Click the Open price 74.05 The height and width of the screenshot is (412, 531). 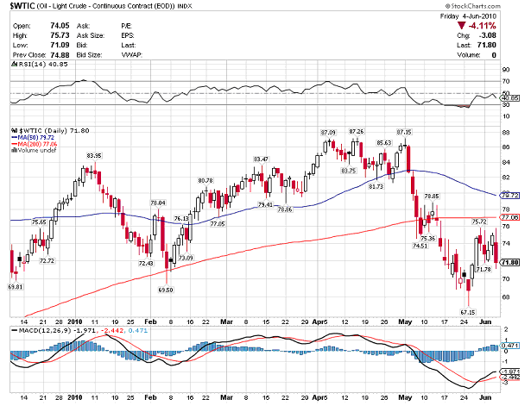58,26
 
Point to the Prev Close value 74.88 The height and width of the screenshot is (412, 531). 58,54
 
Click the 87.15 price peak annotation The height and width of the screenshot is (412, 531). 404,131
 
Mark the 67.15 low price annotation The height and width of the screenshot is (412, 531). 467,311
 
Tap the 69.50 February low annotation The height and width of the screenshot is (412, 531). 166,290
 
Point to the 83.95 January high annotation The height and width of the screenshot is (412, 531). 94,155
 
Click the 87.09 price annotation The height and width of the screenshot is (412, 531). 327,131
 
